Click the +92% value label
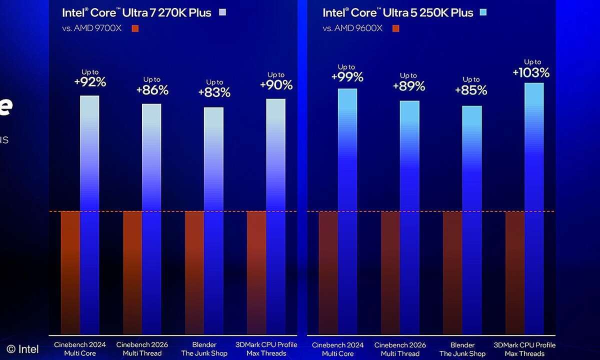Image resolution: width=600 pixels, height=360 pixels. (x=90, y=82)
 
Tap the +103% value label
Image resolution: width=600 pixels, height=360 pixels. (x=531, y=72)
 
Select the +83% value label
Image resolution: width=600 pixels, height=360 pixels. (x=214, y=92)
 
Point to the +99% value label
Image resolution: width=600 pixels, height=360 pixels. (x=346, y=77)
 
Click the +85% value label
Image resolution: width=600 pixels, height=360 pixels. (x=471, y=90)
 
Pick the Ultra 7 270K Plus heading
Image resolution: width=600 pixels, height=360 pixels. (x=136, y=12)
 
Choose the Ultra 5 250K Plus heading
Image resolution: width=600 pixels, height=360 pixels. (x=397, y=12)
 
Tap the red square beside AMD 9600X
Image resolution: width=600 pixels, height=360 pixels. (x=396, y=28)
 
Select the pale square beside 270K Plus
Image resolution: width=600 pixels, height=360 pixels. (x=222, y=12)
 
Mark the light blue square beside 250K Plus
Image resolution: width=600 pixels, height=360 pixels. (x=482, y=12)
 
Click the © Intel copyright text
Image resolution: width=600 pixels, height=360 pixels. (x=22, y=349)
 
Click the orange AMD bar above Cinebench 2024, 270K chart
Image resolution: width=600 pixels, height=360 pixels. (x=70, y=272)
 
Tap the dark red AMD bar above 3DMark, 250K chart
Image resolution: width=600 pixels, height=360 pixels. (x=515, y=272)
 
